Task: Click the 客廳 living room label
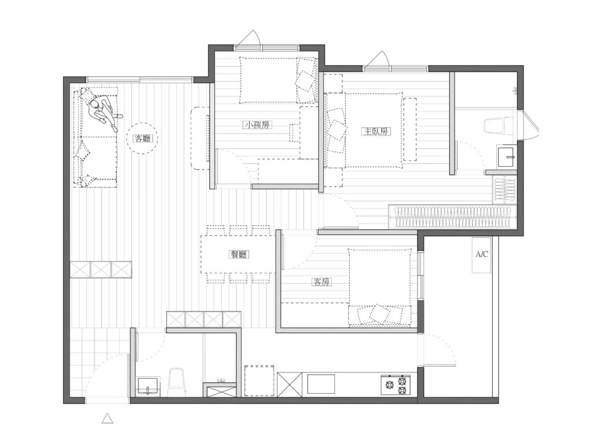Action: (x=142, y=138)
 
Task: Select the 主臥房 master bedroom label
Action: (x=376, y=131)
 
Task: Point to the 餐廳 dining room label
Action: (x=239, y=255)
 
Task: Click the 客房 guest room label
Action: (x=322, y=281)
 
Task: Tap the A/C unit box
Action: (x=481, y=255)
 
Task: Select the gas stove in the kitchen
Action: (x=396, y=385)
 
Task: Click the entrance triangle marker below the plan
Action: (x=108, y=418)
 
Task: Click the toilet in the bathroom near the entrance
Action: (x=175, y=382)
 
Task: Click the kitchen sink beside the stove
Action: (x=321, y=385)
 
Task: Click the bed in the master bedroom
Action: (x=374, y=130)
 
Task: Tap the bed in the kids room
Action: (x=279, y=80)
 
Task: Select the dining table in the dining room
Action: (x=238, y=254)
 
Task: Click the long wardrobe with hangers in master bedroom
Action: (x=452, y=217)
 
